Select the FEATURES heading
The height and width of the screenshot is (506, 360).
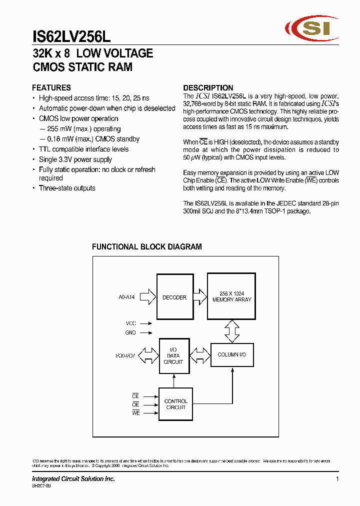[51, 87]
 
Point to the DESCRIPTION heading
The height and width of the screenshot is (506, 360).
[208, 87]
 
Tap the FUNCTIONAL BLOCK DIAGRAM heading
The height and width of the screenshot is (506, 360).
[147, 246]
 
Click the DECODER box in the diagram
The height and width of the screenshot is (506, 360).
[174, 297]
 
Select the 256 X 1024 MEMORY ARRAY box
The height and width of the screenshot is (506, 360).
[231, 296]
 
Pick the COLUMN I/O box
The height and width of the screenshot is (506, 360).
[231, 354]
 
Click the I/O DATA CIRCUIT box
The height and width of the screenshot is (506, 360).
[173, 355]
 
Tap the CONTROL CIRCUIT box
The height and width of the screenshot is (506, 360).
[175, 404]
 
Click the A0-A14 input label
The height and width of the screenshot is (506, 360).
[126, 297]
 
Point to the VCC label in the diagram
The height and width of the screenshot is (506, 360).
[130, 323]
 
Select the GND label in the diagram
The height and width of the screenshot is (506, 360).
[130, 332]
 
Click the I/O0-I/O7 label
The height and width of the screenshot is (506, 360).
[125, 355]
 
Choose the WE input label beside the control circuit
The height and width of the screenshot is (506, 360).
[135, 413]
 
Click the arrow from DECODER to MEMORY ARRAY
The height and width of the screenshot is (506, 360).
[199, 297]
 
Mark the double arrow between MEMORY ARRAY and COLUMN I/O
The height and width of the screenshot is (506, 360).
[231, 331]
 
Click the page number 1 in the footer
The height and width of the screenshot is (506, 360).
[337, 479]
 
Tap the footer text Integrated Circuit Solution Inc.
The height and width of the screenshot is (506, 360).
[73, 479]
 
